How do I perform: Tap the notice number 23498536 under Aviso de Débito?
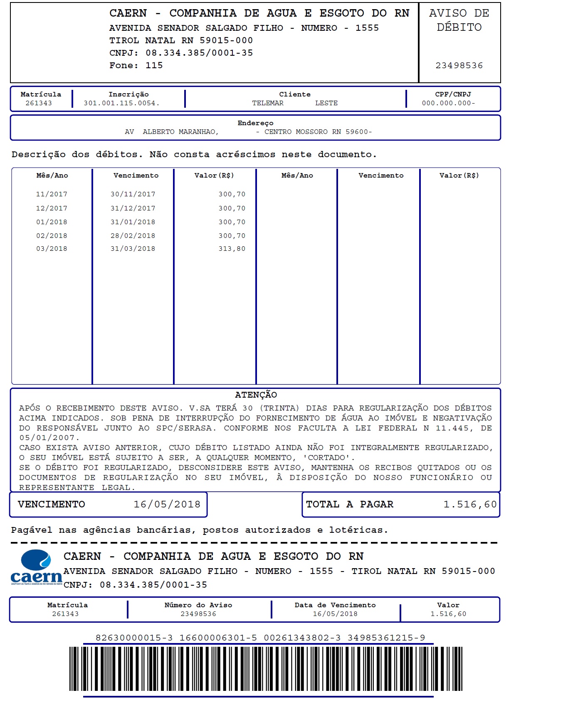pos(459,65)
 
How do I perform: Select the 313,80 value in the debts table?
pos(232,249)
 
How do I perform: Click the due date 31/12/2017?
pos(133,208)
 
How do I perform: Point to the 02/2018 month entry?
pos(52,236)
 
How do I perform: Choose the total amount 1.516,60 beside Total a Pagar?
pos(470,505)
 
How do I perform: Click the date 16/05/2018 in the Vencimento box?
pos(167,505)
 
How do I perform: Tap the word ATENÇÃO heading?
pos(256,395)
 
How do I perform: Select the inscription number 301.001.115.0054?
pos(121,103)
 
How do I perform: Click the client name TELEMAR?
pos(268,103)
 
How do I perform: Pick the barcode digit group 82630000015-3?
pos(134,638)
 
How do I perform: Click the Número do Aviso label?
pos(198,605)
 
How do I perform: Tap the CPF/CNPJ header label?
pos(453,94)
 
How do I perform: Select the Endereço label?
pos(255,123)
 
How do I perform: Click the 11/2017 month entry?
pos(52,194)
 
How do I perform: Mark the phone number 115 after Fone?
pos(154,65)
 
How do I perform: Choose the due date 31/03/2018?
pos(133,249)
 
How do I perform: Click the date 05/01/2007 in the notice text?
pos(47,438)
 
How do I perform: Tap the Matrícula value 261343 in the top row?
pos(39,103)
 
